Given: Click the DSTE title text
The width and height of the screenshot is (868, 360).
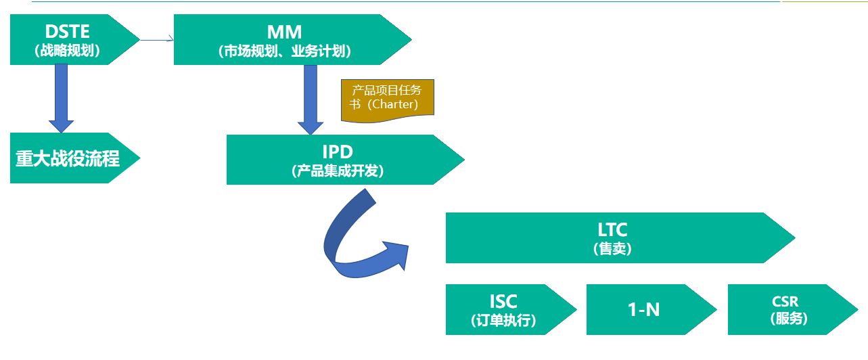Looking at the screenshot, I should click(x=67, y=31).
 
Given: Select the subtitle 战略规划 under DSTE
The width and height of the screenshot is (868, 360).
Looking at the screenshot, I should click(x=67, y=50).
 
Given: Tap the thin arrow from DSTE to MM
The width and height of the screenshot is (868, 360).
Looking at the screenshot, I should click(x=156, y=41).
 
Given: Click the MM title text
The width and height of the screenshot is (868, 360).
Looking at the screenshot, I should click(x=284, y=31).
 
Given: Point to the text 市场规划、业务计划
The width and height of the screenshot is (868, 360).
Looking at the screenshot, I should click(x=284, y=51).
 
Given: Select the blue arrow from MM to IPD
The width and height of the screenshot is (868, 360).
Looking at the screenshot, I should click(x=311, y=98).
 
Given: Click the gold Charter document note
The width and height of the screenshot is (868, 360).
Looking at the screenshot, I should click(x=387, y=99).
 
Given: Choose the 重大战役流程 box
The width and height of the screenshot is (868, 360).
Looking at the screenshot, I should click(x=68, y=158).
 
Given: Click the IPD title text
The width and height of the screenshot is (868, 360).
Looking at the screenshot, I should click(x=338, y=152).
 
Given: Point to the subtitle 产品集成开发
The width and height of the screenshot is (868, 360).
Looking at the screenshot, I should click(x=338, y=171).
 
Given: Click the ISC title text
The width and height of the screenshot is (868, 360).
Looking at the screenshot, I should click(x=503, y=301).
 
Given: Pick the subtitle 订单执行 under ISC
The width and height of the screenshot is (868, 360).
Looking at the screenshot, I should click(x=503, y=320).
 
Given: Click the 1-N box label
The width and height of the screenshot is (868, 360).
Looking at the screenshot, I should click(x=643, y=310).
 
